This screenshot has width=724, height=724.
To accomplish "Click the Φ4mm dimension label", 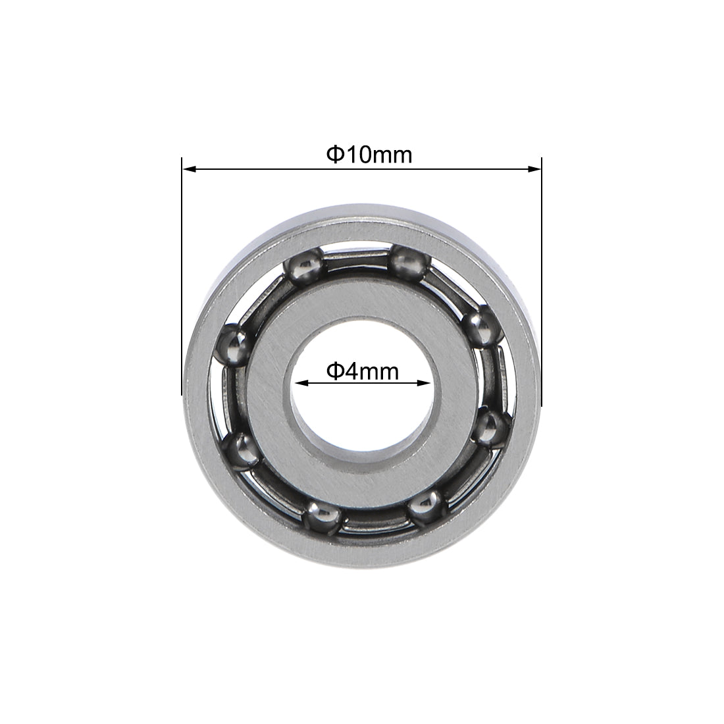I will [x=363, y=372].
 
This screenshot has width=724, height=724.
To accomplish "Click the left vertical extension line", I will [x=181, y=276].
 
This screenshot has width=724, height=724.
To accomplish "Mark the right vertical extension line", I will [x=541, y=276].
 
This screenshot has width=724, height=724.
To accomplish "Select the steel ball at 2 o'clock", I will [x=478, y=327].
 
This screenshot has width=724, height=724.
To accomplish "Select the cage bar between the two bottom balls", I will [x=373, y=520].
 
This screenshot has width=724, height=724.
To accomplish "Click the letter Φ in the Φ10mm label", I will [x=334, y=155].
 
